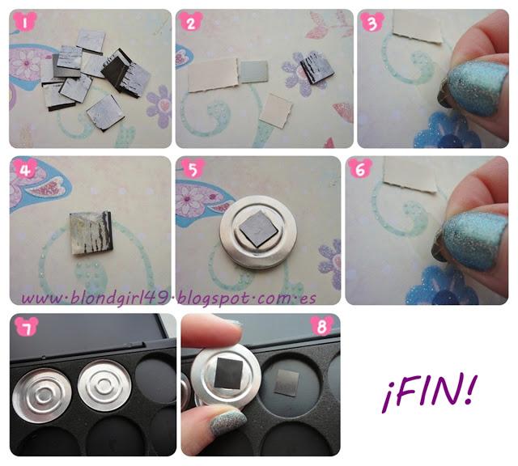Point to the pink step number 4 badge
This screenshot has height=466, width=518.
click(x=25, y=169)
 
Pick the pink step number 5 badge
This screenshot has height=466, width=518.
click(x=193, y=169)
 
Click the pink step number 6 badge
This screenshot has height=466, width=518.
click(x=360, y=168)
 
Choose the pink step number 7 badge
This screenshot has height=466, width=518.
click(x=27, y=327)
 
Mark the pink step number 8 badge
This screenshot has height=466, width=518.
click(x=322, y=326)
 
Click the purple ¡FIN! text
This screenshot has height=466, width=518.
click(x=430, y=393)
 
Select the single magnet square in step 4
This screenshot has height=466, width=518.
click(x=91, y=232)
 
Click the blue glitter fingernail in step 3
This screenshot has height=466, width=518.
click(x=476, y=88)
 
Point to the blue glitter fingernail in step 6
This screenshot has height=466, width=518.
click(x=473, y=240)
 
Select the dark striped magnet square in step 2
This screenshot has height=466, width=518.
click(x=316, y=68)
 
